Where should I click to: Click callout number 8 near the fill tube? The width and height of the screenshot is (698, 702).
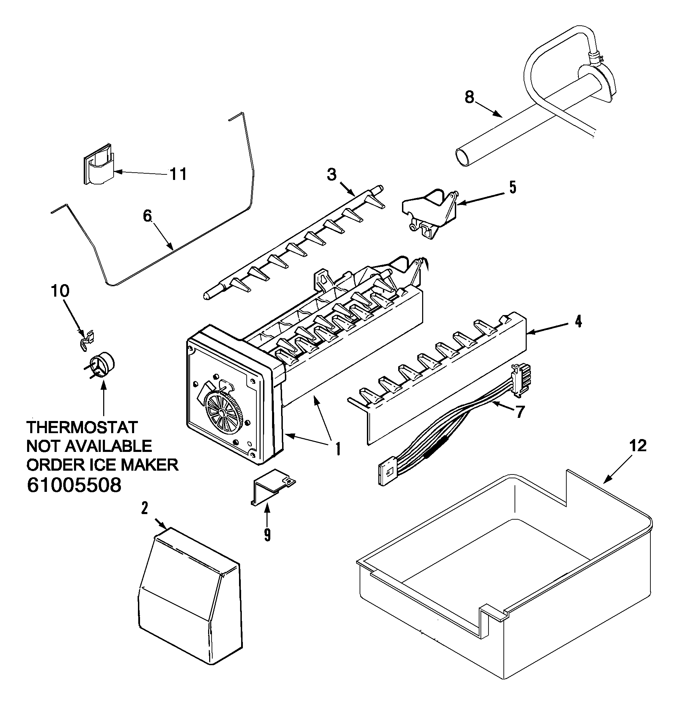(469, 97)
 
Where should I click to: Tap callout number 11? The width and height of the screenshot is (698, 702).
(178, 174)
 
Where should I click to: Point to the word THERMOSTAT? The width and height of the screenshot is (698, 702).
(82, 427)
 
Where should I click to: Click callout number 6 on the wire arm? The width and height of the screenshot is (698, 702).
(147, 216)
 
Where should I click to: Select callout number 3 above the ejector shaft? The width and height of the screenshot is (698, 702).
(331, 175)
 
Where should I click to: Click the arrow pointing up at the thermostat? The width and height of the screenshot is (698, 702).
(104, 400)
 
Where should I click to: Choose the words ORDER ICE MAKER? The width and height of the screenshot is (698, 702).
(102, 465)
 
